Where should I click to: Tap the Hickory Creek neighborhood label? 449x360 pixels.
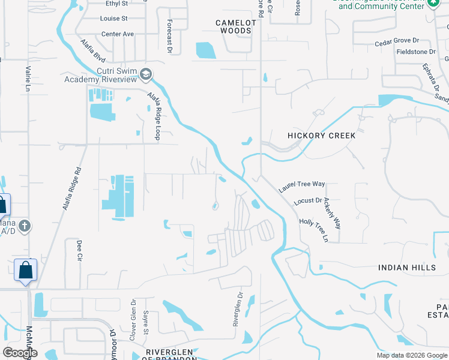click(321, 136)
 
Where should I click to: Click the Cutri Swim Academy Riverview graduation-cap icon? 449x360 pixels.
click(145, 75)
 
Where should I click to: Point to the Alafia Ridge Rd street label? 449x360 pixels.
click(72, 188)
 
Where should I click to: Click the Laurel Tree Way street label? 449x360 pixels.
click(302, 187)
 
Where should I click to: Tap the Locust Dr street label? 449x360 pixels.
click(307, 201)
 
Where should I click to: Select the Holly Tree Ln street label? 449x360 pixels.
click(313, 230)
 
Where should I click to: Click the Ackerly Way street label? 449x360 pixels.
click(332, 213)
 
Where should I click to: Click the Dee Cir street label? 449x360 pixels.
click(79, 250)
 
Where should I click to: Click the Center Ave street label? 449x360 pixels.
click(118, 34)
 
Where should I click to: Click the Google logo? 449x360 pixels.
click(20, 352)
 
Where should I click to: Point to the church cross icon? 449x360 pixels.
click(24, 226)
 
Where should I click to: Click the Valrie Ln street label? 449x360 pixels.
click(27, 79)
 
